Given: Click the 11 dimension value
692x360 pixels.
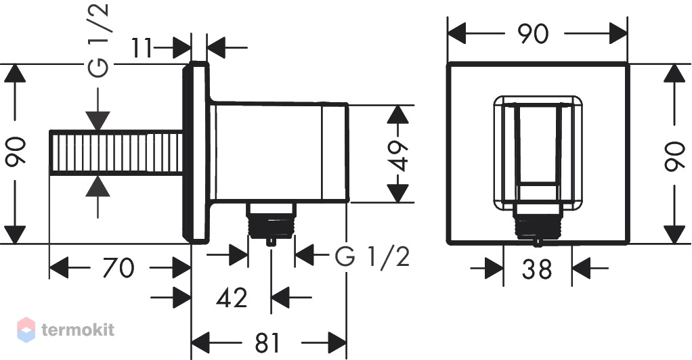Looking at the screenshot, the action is tap(142, 47).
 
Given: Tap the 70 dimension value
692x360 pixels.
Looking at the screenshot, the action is tap(118, 268).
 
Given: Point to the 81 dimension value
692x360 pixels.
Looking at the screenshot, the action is tap(267, 342).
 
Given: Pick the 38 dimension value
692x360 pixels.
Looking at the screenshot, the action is tap(537, 269).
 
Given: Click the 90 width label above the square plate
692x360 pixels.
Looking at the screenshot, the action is tap(533, 34).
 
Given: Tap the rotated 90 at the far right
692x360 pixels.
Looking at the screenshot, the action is tap(675, 156).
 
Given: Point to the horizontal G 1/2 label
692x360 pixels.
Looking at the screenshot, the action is tap(372, 256).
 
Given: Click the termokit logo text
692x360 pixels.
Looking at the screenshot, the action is tap(78, 330).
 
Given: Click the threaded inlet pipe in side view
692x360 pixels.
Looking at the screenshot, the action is tap(116, 153).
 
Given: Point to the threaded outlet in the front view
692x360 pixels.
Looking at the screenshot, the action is tap(538, 223).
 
